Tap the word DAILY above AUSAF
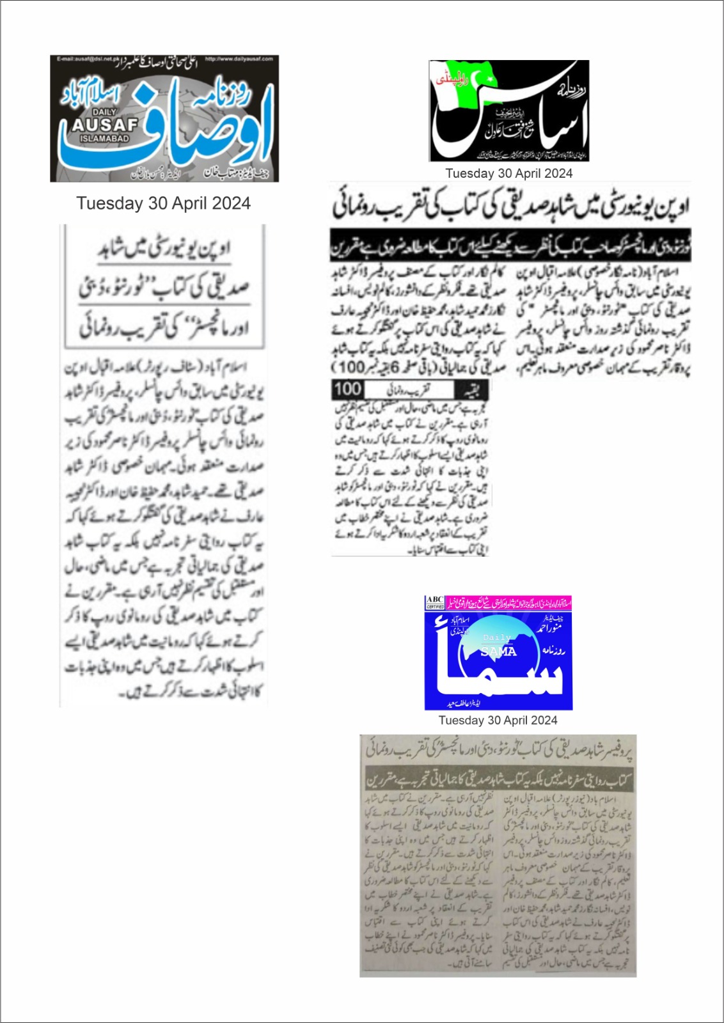pyautogui.click(x=104, y=113)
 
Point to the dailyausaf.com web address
pyautogui.click(x=239, y=59)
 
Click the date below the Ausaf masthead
pyautogui.click(x=163, y=203)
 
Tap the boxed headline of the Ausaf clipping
pyautogui.click(x=164, y=287)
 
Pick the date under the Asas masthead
pyautogui.click(x=508, y=173)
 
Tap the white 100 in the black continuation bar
pyautogui.click(x=347, y=389)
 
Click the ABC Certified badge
pyautogui.click(x=435, y=602)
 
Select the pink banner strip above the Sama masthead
pyautogui.click(x=508, y=602)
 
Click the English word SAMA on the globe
pyautogui.click(x=498, y=652)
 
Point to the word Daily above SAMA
pyautogui.click(x=496, y=637)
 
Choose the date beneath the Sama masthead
pyautogui.click(x=498, y=720)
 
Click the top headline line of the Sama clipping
pyautogui.click(x=499, y=750)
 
